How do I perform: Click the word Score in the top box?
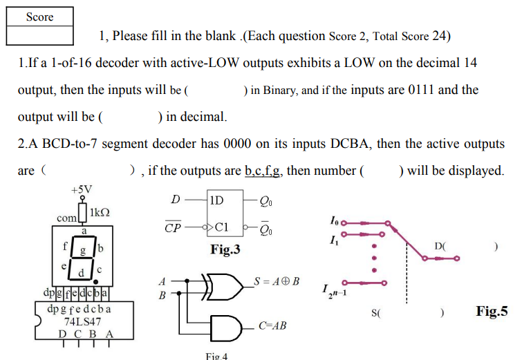point(39,17)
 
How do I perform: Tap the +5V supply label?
point(82,189)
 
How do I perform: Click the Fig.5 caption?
point(492,312)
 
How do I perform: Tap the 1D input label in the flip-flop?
point(216,201)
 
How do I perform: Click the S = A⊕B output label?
point(276,281)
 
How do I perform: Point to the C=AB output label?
point(273,325)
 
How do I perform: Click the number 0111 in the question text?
point(422,90)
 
